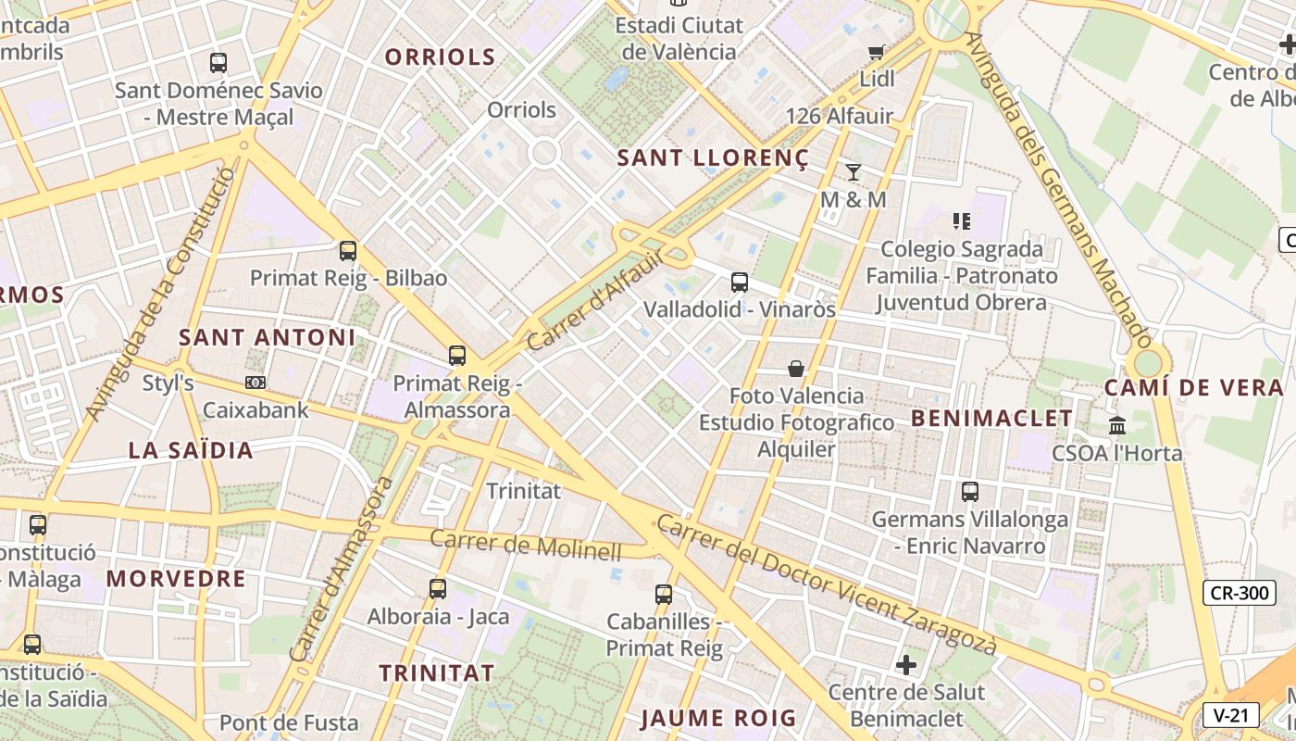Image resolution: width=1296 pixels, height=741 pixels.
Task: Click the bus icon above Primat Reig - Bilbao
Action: (348, 251)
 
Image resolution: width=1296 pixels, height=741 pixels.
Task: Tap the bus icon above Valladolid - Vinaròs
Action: (739, 283)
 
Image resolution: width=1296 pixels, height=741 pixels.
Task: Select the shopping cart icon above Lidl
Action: (876, 52)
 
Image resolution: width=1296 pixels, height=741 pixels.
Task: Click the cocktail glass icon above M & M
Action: (854, 172)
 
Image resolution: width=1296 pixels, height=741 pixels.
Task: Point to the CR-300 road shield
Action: (1239, 593)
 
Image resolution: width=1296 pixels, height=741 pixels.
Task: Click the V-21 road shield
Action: (1231, 715)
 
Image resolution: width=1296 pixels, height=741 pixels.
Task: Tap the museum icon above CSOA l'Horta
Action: (1117, 426)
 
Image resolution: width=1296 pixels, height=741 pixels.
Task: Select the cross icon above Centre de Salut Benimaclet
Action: (906, 665)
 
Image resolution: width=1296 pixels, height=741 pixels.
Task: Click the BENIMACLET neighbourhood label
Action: (991, 419)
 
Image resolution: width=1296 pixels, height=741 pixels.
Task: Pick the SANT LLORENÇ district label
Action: (713, 158)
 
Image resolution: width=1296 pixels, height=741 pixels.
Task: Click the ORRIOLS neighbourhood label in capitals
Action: (440, 57)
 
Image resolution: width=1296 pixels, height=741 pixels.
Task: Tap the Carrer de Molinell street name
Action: (526, 545)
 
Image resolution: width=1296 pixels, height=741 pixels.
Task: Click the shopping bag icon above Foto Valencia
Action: (796, 369)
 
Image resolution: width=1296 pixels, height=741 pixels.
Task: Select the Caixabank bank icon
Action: (255, 383)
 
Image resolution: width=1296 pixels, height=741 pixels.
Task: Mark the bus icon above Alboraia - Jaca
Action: (438, 588)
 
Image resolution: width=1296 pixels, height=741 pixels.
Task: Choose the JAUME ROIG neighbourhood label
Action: (718, 718)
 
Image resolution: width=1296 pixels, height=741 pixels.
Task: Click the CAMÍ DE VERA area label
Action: (1194, 388)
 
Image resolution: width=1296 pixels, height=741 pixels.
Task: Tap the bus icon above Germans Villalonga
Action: (970, 492)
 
